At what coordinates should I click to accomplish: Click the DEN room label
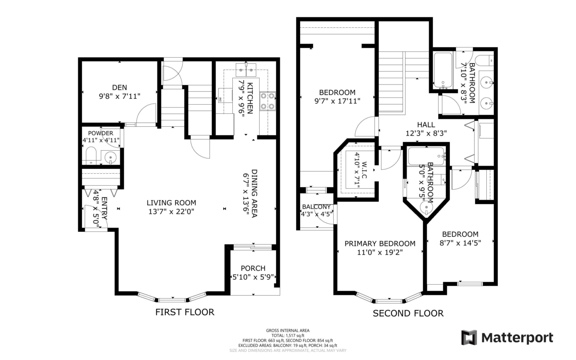click(x=120, y=87)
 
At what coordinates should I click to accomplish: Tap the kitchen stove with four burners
click(x=267, y=101)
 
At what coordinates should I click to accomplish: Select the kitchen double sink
click(x=246, y=70)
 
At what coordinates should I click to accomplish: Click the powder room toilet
click(x=91, y=156)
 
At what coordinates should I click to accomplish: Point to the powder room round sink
click(x=110, y=157)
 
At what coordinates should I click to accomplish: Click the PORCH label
click(x=253, y=268)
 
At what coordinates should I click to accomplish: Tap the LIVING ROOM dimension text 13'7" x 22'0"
click(x=171, y=212)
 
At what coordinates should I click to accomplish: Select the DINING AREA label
click(x=254, y=193)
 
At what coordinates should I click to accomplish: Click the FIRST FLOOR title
click(x=185, y=312)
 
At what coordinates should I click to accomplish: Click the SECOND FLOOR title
click(x=408, y=313)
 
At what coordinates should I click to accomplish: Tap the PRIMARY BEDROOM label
click(x=380, y=243)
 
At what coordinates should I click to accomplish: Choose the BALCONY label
click(x=316, y=207)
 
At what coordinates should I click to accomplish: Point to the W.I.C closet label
click(x=364, y=170)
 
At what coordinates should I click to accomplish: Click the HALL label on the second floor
click(x=426, y=125)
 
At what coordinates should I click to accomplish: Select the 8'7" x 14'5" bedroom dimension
click(x=460, y=243)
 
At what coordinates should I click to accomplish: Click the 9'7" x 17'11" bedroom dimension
click(x=337, y=101)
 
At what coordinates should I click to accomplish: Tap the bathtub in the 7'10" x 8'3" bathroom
click(x=443, y=70)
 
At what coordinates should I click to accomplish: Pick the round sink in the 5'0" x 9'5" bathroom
click(x=426, y=207)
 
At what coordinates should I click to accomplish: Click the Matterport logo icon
click(x=469, y=337)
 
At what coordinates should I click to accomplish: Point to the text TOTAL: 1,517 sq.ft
click(x=288, y=336)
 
